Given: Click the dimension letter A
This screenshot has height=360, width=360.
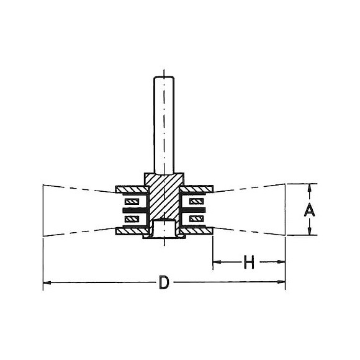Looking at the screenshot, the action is coord(310,209).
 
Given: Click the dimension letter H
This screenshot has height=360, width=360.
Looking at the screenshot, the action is coord(249,262).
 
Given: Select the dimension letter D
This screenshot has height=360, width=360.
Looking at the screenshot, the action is coord(164,282).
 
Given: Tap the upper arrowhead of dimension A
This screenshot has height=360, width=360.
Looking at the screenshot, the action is coord(310,188).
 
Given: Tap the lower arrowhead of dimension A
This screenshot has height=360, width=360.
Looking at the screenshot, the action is coord(310,231).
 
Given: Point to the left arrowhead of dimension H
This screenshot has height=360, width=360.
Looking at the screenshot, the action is coord(217,262).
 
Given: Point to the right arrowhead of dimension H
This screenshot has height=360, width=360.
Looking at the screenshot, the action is coord(281,262).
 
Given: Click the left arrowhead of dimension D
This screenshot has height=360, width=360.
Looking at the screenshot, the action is coord(47,282).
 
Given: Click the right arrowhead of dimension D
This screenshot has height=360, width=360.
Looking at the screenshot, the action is coord(281,282).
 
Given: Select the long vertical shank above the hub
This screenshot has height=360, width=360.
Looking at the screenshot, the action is coord(164,125).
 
